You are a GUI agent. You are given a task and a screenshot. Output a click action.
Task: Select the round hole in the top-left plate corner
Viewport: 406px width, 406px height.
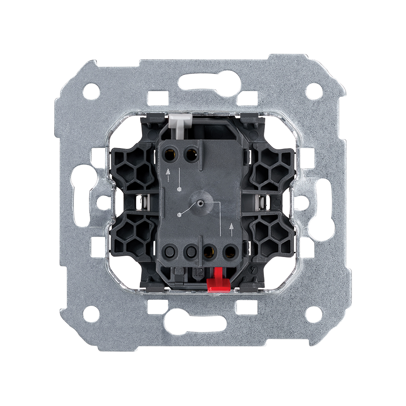(x=91, y=90)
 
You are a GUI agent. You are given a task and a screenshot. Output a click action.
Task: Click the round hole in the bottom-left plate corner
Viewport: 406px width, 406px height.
(x=91, y=314)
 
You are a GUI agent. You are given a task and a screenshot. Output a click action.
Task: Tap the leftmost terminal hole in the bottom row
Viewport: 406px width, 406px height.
(x=171, y=251)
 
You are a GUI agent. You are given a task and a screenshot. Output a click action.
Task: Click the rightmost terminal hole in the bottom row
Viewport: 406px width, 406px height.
(x=228, y=251)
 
